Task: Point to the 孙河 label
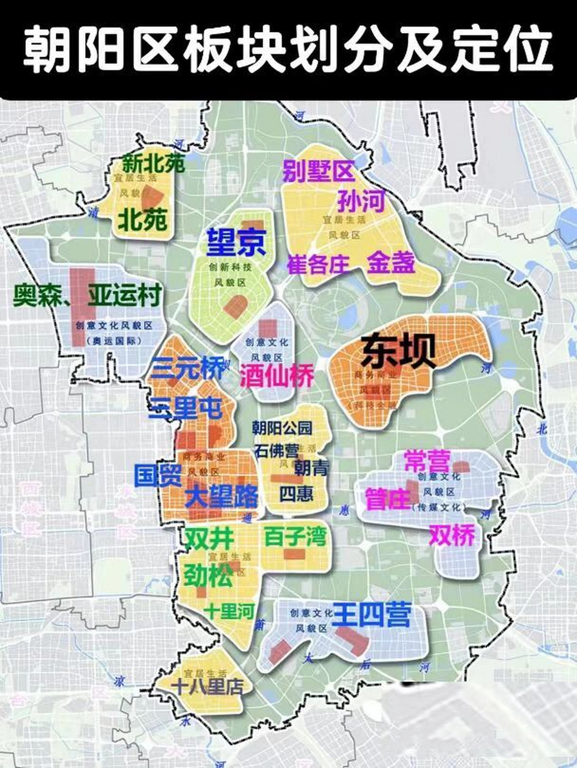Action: (x=360, y=201)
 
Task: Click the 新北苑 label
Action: (x=153, y=164)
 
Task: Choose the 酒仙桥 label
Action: (x=277, y=376)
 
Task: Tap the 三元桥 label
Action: (x=187, y=368)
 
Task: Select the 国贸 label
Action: (x=157, y=475)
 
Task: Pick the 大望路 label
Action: (x=222, y=496)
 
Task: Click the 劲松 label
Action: (x=208, y=576)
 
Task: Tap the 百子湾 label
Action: (x=295, y=536)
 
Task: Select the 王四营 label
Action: (x=372, y=614)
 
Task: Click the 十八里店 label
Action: (x=207, y=685)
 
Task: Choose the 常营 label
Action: (x=427, y=461)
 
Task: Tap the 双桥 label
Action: (x=452, y=535)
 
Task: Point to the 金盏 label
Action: (x=391, y=262)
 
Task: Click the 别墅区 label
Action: (x=319, y=172)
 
